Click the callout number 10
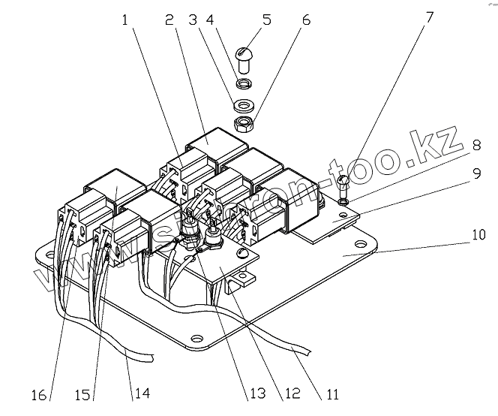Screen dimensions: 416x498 click(478, 234)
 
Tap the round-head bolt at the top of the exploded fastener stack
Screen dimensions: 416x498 click(244, 56)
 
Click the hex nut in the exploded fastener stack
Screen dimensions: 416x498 click(244, 123)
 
